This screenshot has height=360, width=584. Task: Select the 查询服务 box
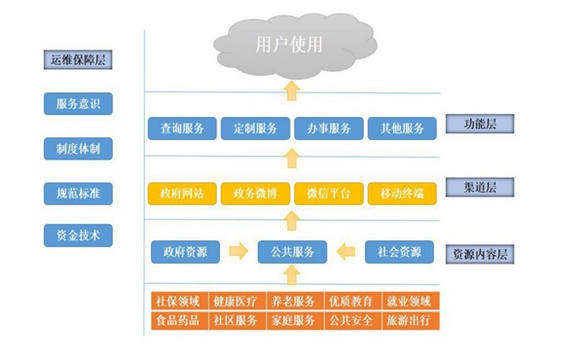[182, 128]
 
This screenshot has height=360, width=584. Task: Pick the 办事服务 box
[328, 128]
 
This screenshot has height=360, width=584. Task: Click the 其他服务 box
[402, 128]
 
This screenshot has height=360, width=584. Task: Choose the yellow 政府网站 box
[182, 193]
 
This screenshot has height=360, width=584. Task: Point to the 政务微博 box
[255, 193]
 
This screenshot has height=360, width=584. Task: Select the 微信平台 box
[328, 193]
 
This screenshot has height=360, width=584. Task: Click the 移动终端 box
[402, 193]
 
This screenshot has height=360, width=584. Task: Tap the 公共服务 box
[291, 252]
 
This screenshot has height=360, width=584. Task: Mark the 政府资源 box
[185, 252]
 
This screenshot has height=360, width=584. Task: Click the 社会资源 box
[398, 252]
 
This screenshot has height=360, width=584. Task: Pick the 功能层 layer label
[479, 124]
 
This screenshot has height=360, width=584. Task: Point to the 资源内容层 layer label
[479, 254]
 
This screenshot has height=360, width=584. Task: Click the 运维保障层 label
[78, 60]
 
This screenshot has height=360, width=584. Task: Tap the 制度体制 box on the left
[78, 149]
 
